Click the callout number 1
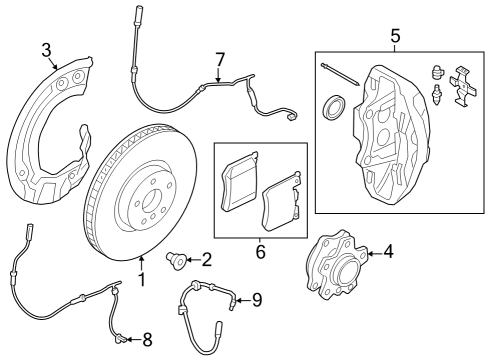click(x=141, y=280)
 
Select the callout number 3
click(x=46, y=50)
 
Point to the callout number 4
click(x=388, y=252)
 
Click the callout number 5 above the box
click(x=394, y=37)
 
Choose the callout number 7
click(x=219, y=59)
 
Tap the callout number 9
click(x=256, y=299)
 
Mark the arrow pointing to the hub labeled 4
click(x=370, y=254)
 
